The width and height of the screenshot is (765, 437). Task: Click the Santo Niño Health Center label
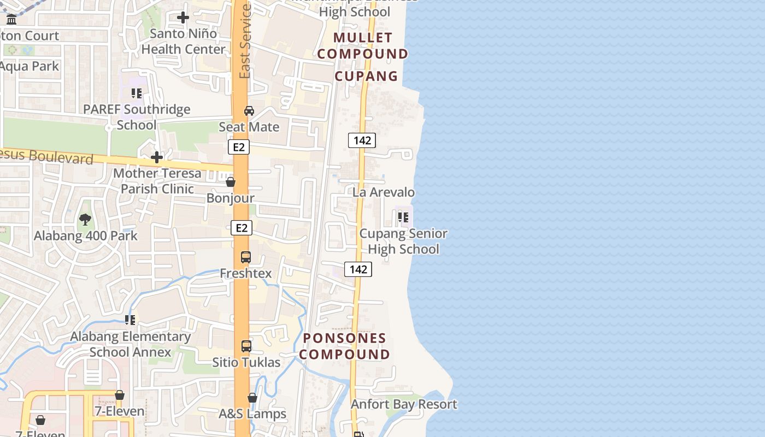[183, 42]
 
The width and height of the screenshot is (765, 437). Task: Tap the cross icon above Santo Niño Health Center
[183, 17]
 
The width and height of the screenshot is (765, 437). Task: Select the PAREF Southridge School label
[137, 117]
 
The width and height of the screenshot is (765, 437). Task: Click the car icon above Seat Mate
[249, 111]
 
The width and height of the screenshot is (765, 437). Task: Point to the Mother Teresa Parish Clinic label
[157, 181]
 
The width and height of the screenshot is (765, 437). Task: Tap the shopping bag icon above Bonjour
[231, 182]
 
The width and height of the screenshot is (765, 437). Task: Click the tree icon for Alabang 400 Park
[85, 220]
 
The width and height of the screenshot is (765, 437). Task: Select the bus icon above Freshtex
[246, 257]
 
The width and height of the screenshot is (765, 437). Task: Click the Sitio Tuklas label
[246, 362]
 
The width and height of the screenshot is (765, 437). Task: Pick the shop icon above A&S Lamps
[252, 398]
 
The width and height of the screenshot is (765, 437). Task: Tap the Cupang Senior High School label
[403, 241]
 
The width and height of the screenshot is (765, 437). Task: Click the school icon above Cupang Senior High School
[403, 217]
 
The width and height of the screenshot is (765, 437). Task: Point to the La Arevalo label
[384, 192]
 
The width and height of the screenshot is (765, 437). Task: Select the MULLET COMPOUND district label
[363, 45]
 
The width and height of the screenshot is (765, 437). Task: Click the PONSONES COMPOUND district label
[344, 346]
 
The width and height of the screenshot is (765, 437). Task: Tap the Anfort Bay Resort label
[404, 404]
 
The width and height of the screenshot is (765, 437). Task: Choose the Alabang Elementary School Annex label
[131, 344]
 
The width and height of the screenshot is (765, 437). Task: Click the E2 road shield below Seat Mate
[239, 147]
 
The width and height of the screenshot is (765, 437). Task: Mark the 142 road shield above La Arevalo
[362, 140]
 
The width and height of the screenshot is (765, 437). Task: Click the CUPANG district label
[366, 76]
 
